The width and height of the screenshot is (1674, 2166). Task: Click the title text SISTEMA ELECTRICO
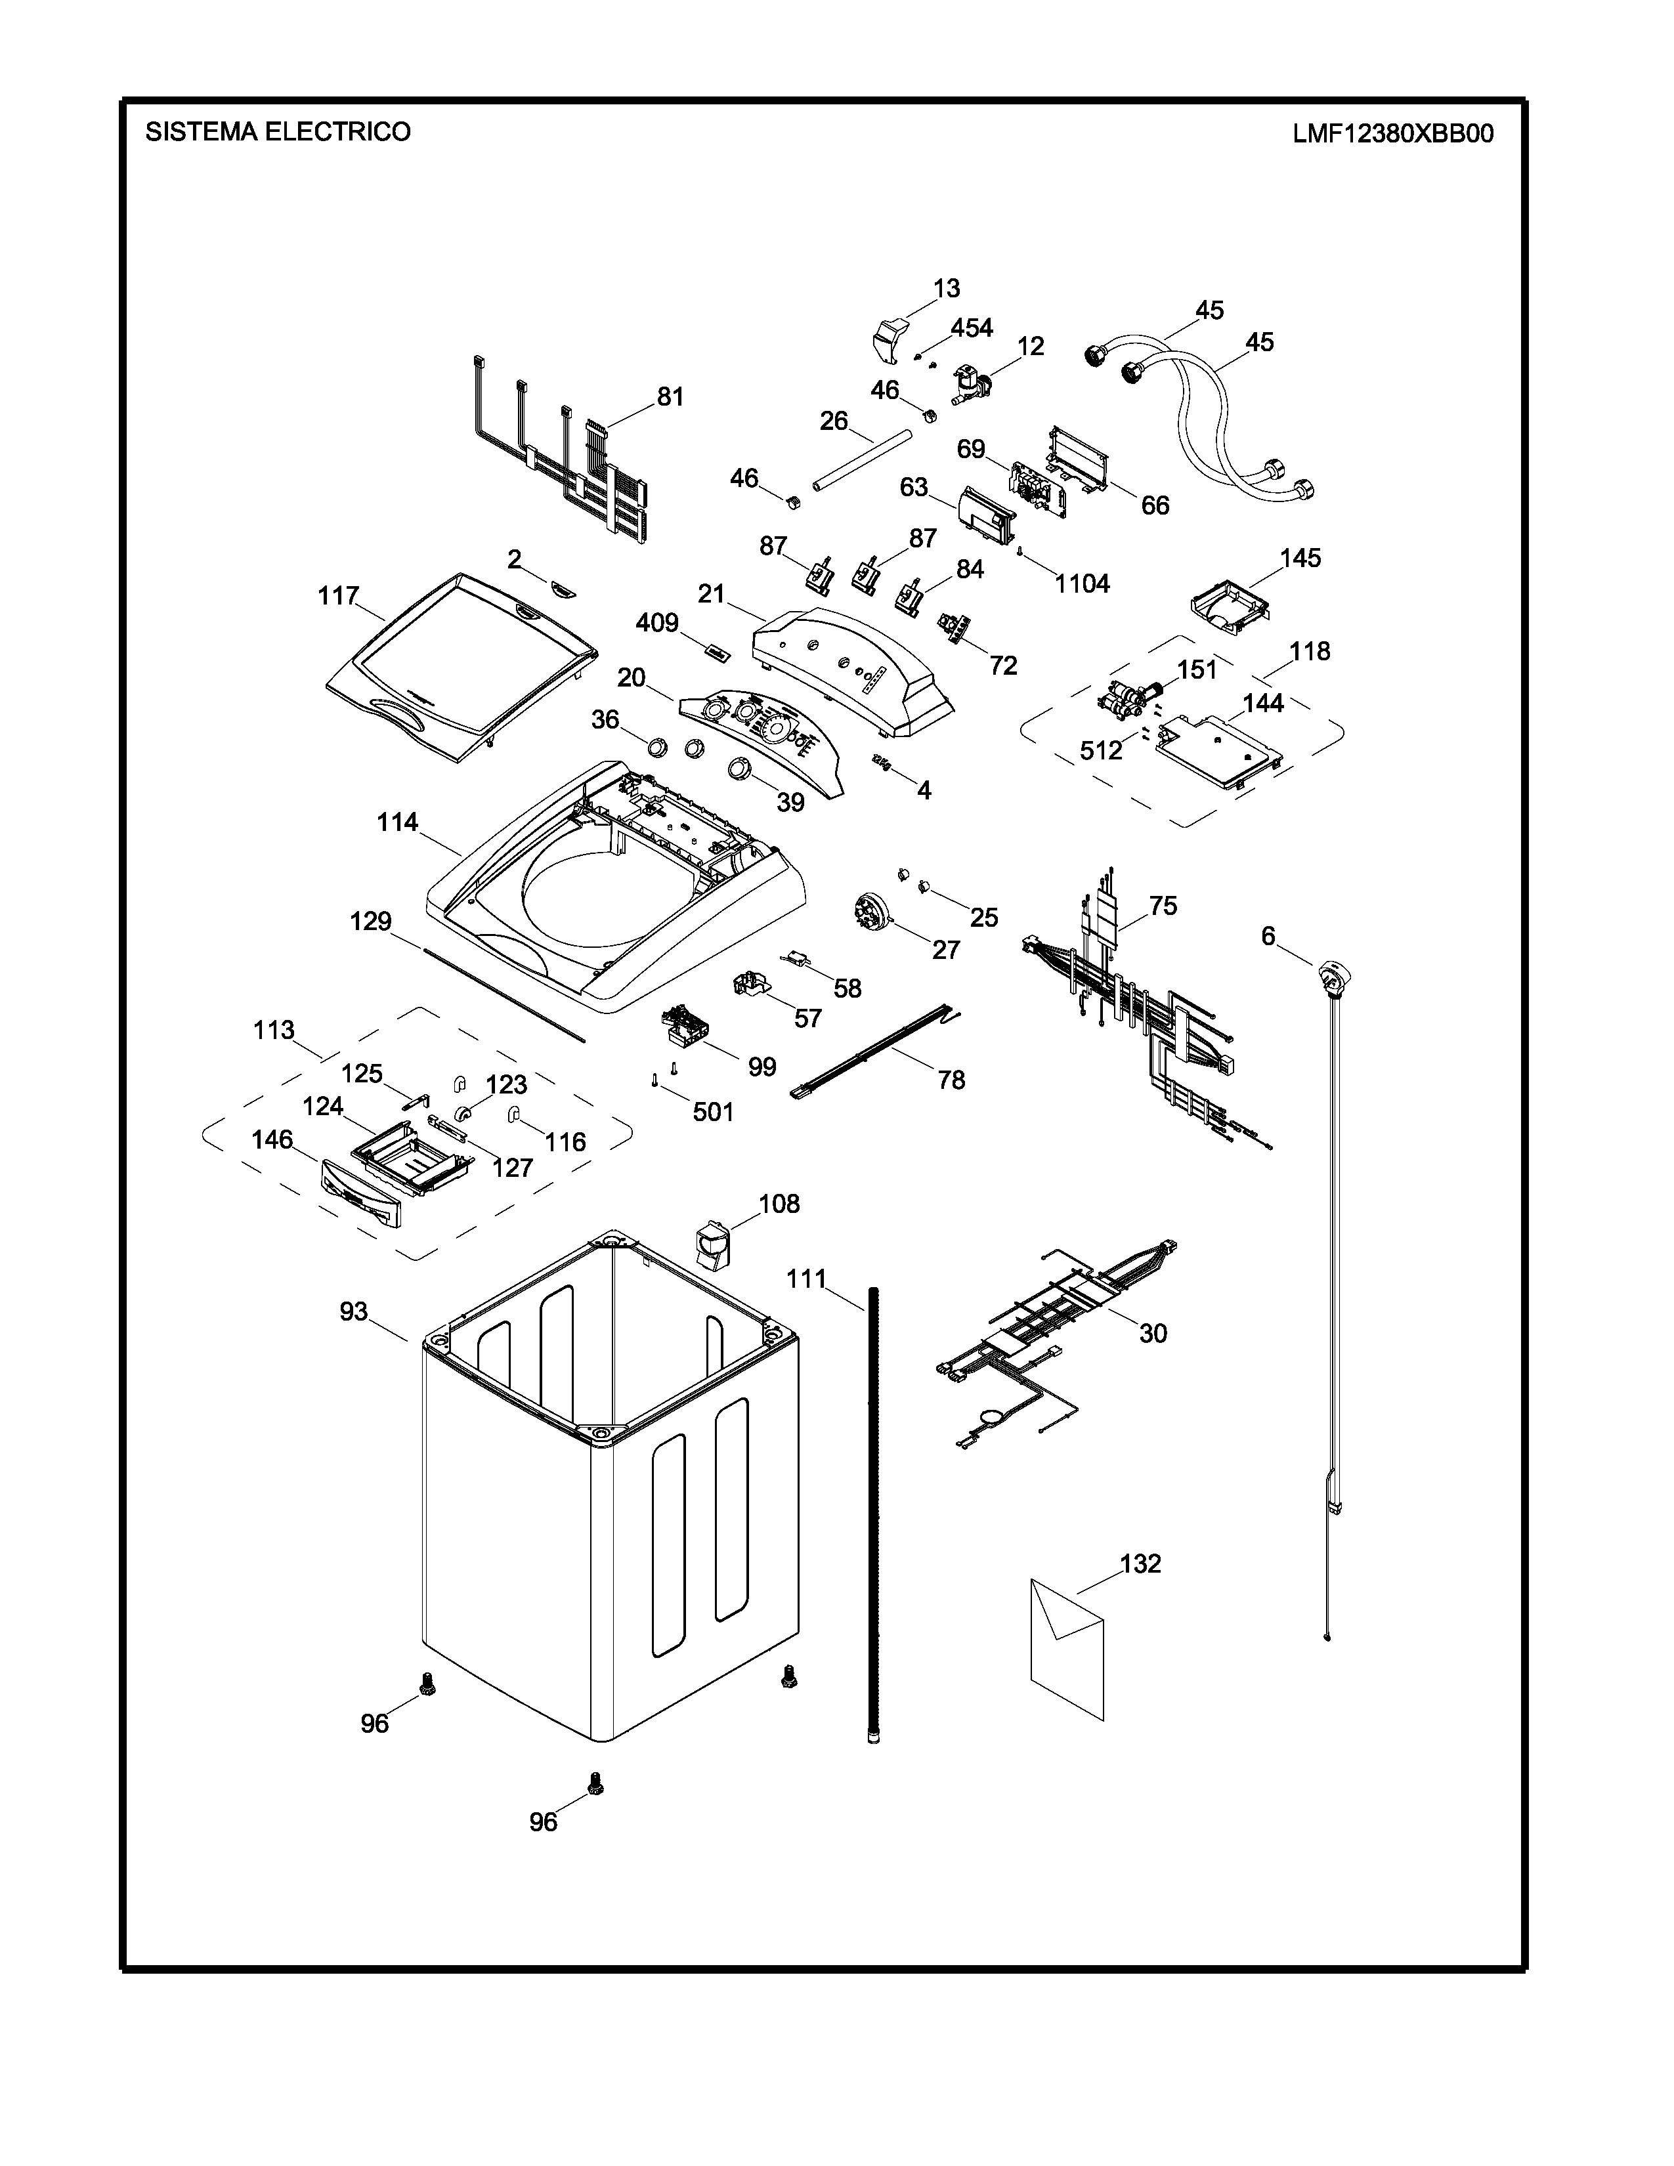(x=278, y=132)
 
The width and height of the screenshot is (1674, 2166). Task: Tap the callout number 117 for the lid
(x=338, y=596)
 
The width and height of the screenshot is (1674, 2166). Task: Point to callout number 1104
(x=1082, y=584)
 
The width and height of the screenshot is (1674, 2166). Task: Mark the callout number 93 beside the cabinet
(x=354, y=1311)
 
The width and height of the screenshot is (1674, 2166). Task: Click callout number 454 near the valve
(x=972, y=328)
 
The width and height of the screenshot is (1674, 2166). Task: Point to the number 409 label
(x=656, y=623)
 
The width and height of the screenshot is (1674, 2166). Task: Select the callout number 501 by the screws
(x=713, y=1112)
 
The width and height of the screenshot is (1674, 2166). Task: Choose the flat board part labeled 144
(x=1220, y=751)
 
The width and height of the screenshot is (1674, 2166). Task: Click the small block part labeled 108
(x=710, y=1242)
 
